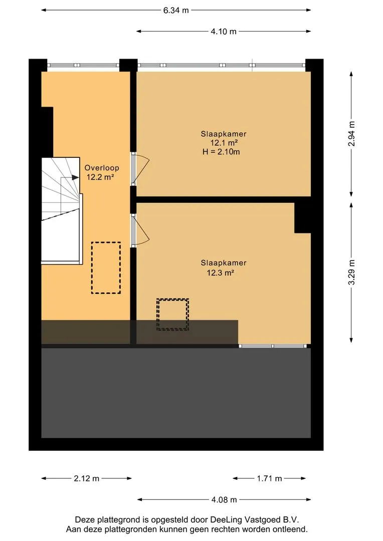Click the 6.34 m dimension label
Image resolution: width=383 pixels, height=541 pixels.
[x=175, y=11]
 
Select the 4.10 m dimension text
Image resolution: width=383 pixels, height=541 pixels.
[x=223, y=32]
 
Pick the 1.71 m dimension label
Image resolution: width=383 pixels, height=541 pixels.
[x=269, y=478]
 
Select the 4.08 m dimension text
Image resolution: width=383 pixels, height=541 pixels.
[x=224, y=499]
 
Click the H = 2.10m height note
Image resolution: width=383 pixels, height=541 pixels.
[x=220, y=152]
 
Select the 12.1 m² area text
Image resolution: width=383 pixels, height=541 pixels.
[x=224, y=143]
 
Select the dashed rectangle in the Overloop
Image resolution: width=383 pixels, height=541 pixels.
[x=106, y=267]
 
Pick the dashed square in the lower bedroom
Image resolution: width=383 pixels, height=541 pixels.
[x=172, y=314]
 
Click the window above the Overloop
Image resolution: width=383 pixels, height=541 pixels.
[x=83, y=65]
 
